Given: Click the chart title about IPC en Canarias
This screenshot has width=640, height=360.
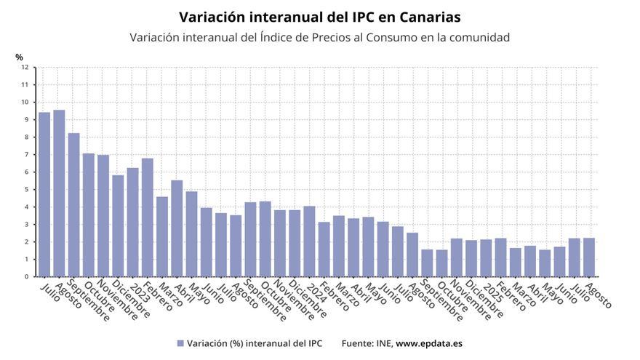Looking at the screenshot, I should click(319, 16).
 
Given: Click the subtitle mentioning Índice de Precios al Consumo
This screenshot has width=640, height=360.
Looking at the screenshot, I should click(319, 37).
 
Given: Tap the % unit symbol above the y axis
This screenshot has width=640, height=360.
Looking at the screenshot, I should click(19, 57).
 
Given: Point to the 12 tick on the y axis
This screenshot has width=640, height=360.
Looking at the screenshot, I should click(25, 67).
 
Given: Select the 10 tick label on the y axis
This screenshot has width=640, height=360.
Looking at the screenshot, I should click(25, 102).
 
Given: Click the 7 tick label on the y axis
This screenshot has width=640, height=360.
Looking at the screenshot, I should click(25, 154).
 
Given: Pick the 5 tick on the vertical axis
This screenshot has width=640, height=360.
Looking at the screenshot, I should click(25, 189).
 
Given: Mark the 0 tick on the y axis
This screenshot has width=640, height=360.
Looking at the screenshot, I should click(25, 276).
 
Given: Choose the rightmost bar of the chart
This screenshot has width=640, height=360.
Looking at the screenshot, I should click(589, 257).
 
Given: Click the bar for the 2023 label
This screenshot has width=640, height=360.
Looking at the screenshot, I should click(132, 223).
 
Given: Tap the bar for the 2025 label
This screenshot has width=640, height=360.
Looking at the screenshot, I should click(486, 258).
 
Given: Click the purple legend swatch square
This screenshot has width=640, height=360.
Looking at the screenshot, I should click(180, 343).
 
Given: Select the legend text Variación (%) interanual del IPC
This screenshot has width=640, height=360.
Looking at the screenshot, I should click(254, 343).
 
